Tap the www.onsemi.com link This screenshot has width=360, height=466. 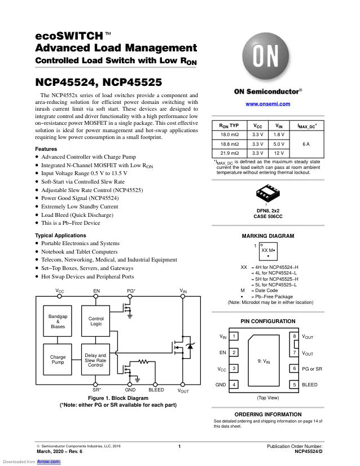coord(267,104)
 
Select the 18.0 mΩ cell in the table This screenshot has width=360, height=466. coord(230,134)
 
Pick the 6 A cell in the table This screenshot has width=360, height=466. coord(306,144)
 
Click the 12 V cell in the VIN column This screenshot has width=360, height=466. coord(279,153)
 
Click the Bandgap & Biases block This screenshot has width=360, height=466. coord(58,321)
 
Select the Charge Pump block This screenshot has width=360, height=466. coord(58,359)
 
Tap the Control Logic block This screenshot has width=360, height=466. coord(95,321)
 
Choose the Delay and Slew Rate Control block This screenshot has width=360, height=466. coord(95,359)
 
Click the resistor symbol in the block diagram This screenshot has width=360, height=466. coord(143,362)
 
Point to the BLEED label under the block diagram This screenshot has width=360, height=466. coord(156,390)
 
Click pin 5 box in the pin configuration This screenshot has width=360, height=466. coord(294,385)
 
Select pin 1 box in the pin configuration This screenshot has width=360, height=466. coord(234,336)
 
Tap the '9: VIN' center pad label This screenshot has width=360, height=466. coord(264,361)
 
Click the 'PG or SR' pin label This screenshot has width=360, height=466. coord(312,369)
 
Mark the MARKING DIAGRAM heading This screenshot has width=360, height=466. coord(267,236)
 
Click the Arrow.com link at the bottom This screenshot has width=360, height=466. coord(49,461)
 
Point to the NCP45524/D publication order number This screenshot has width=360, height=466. coord(308,451)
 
